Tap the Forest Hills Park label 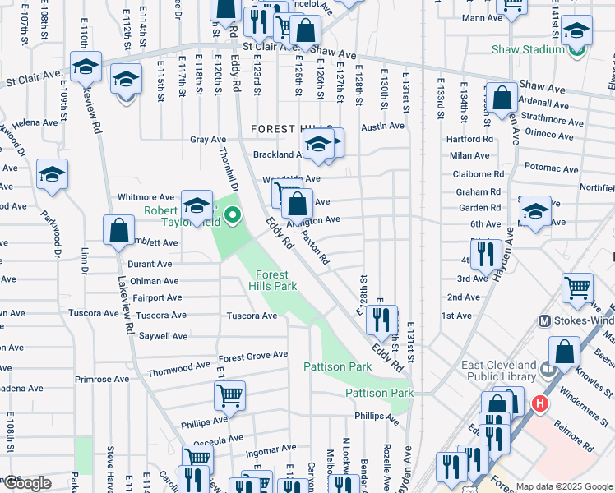coord(273,280)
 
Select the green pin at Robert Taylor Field coord(233,217)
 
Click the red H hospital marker coord(540,403)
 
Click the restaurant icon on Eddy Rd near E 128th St coord(381,320)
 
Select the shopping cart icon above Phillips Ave coord(229,395)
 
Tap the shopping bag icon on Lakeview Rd coord(119,229)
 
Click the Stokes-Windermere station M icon coord(543,320)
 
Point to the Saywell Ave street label coord(163,336)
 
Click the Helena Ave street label coord(37,122)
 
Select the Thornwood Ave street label coord(179,371)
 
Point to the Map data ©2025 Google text coord(563,486)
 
